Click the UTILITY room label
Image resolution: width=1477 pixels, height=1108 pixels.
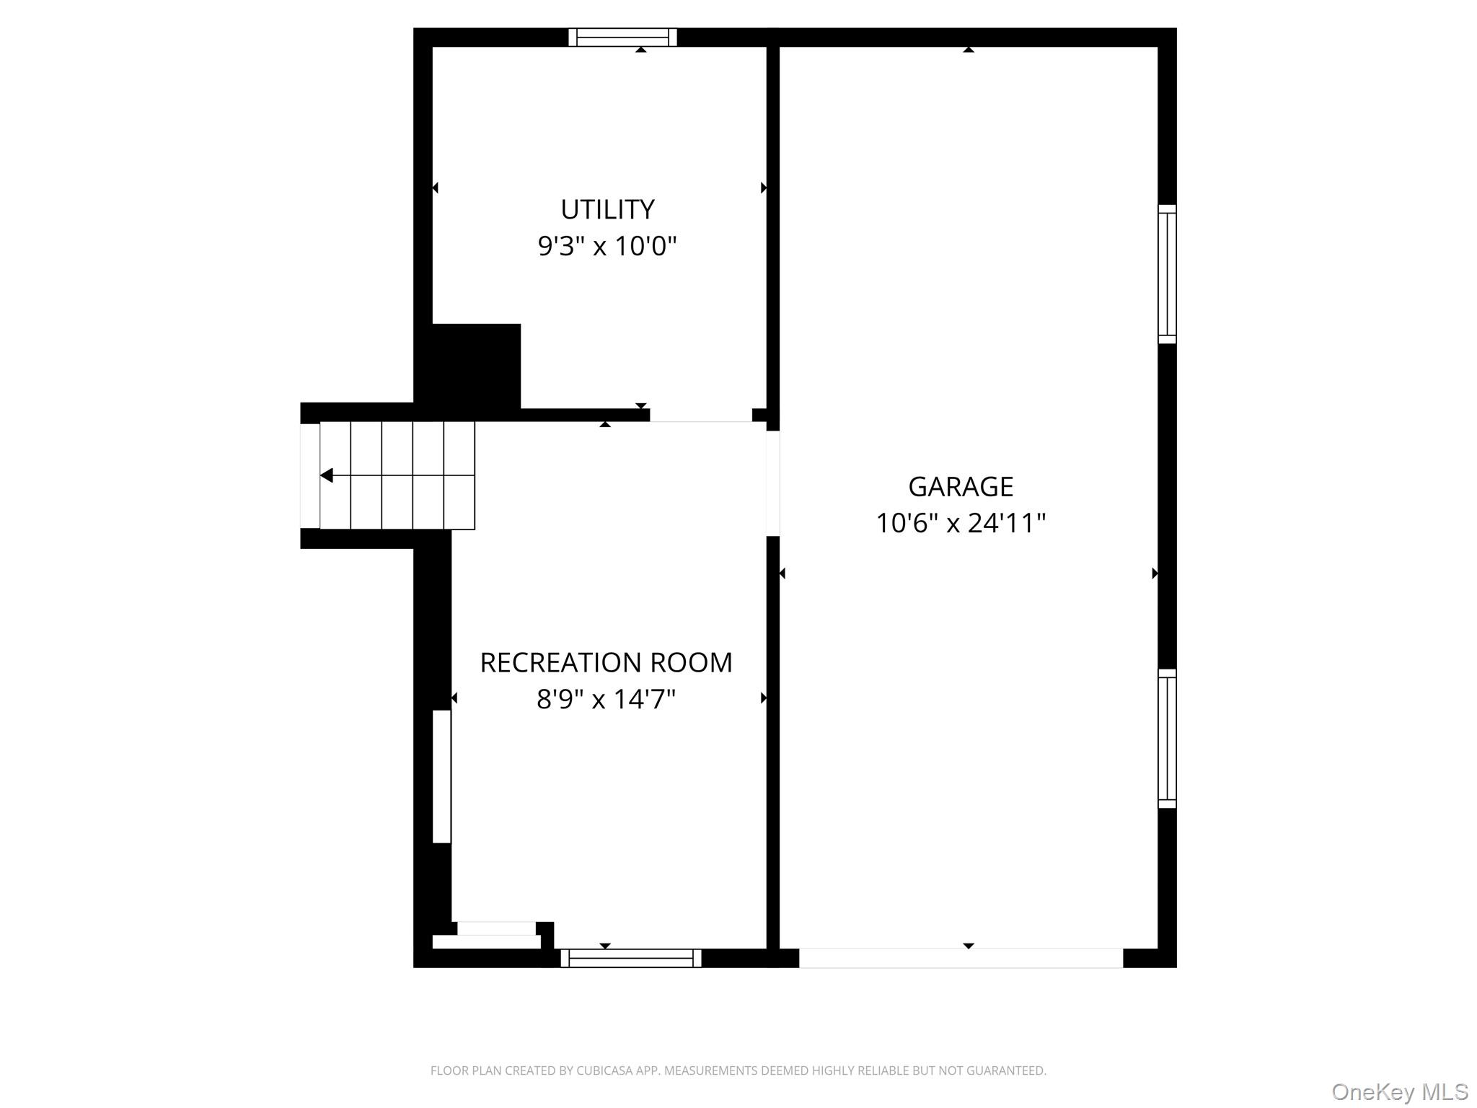(607, 210)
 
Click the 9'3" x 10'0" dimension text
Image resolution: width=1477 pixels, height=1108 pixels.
(607, 247)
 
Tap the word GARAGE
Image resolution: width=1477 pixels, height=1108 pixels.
(961, 487)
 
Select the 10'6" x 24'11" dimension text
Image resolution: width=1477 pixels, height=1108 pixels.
(961, 523)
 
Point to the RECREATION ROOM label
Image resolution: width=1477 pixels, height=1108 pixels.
(606, 663)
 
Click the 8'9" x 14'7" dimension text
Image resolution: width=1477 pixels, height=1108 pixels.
(606, 699)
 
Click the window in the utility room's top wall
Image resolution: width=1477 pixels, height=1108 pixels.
(622, 38)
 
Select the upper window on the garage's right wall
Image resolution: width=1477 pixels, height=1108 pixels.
(1167, 274)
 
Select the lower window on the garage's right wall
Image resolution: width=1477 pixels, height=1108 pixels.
(1167, 739)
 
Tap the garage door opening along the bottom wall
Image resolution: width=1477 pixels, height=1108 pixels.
(961, 958)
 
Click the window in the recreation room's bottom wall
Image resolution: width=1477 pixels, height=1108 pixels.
(631, 958)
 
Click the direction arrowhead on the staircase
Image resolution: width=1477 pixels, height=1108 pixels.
(327, 475)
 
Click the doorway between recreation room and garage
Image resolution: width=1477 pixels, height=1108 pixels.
(772, 483)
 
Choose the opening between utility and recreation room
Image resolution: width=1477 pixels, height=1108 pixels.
(701, 415)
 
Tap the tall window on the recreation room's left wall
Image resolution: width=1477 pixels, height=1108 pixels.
(441, 776)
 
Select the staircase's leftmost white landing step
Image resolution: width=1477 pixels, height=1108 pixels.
(310, 475)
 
